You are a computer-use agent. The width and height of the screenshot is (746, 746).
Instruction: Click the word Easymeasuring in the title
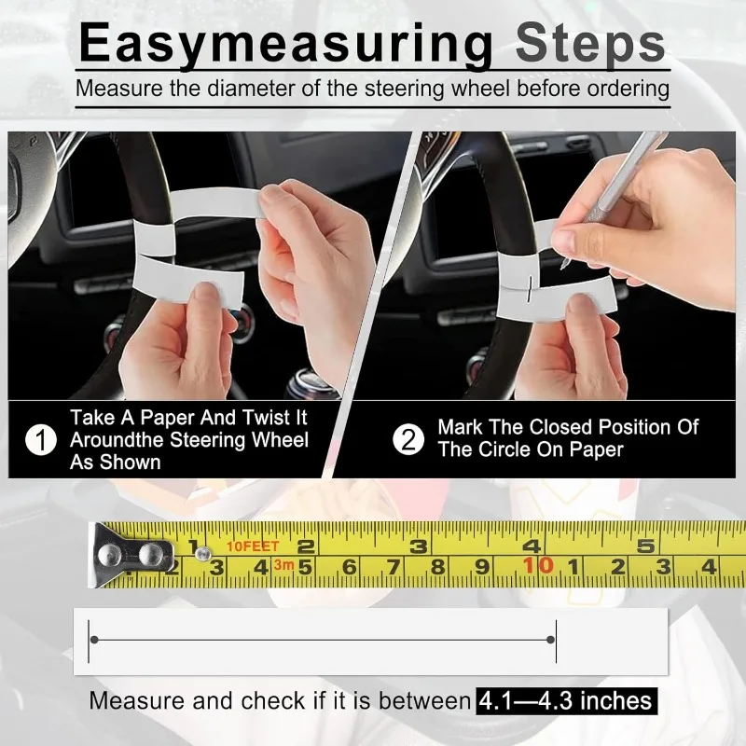(286, 45)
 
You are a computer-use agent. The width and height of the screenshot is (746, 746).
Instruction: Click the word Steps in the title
(590, 43)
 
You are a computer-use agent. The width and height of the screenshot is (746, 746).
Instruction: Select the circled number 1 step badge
(41, 439)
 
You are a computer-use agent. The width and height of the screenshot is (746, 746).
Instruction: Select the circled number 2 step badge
(408, 439)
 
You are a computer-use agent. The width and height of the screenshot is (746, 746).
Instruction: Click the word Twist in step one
(266, 417)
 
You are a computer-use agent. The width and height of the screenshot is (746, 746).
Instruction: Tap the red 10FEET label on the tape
(253, 546)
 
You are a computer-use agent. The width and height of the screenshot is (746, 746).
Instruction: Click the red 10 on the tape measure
(538, 566)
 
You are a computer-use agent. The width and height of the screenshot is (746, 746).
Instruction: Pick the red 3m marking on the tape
(283, 565)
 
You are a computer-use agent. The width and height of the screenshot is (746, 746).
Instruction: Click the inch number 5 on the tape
(645, 546)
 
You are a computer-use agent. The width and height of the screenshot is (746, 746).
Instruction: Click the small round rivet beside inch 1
(203, 553)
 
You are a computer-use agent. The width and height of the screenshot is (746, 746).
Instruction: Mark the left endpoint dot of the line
(94, 640)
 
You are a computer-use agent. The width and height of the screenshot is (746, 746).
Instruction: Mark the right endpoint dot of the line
(550, 640)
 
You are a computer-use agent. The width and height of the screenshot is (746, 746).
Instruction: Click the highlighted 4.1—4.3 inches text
(566, 701)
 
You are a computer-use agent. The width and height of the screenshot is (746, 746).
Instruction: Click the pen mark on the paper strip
(529, 289)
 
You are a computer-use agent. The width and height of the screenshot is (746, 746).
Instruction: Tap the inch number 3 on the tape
(418, 546)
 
